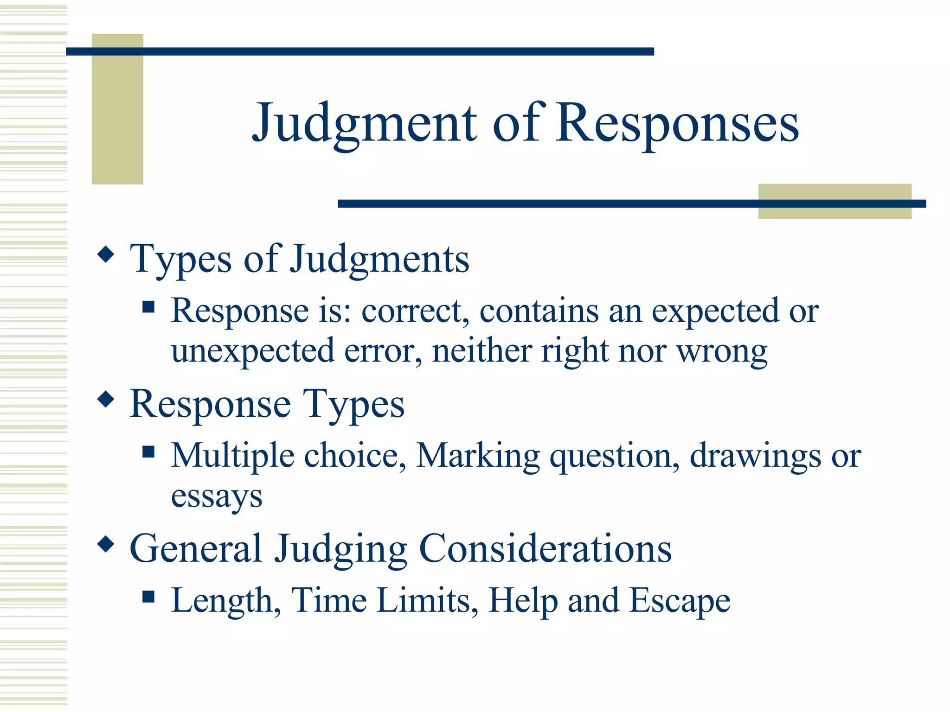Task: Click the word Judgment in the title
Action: pyautogui.click(x=364, y=123)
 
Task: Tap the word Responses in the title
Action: pyautogui.click(x=678, y=123)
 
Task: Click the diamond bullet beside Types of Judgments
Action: pyautogui.click(x=106, y=254)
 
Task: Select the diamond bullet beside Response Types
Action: pyautogui.click(x=106, y=399)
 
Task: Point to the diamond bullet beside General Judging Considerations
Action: pyautogui.click(x=106, y=544)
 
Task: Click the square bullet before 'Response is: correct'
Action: pyautogui.click(x=148, y=307)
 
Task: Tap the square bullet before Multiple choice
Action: pyautogui.click(x=148, y=451)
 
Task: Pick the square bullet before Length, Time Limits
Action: pyautogui.click(x=148, y=596)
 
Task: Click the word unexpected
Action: pyautogui.click(x=253, y=351)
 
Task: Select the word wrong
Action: pyautogui.click(x=722, y=351)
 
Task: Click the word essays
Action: pyautogui.click(x=217, y=496)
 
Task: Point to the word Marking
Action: pyautogui.click(x=478, y=456)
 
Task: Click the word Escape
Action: pyautogui.click(x=680, y=601)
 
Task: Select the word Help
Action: pyautogui.click(x=523, y=601)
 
